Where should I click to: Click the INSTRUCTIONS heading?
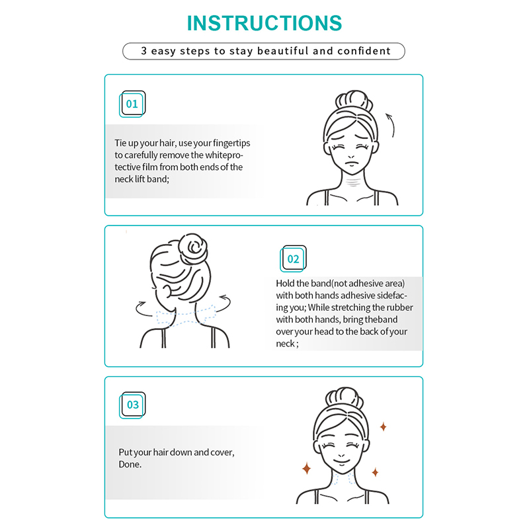264,23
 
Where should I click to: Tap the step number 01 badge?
132,104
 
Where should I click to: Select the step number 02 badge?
293,259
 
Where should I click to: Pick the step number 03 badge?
132,405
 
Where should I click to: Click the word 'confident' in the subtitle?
364,51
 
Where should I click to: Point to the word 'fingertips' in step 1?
231,143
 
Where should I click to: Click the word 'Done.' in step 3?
130,464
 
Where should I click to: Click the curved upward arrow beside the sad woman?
391,125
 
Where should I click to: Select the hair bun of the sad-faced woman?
353,101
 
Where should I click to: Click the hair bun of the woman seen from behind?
192,249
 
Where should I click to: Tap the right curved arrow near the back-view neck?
224,303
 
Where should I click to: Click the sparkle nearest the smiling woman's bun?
383,427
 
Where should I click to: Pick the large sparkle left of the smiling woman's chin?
306,469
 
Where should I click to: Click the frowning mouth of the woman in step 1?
351,164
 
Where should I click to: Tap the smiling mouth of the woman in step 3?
341,461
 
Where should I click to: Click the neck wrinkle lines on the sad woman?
352,183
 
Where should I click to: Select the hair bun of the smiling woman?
344,398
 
